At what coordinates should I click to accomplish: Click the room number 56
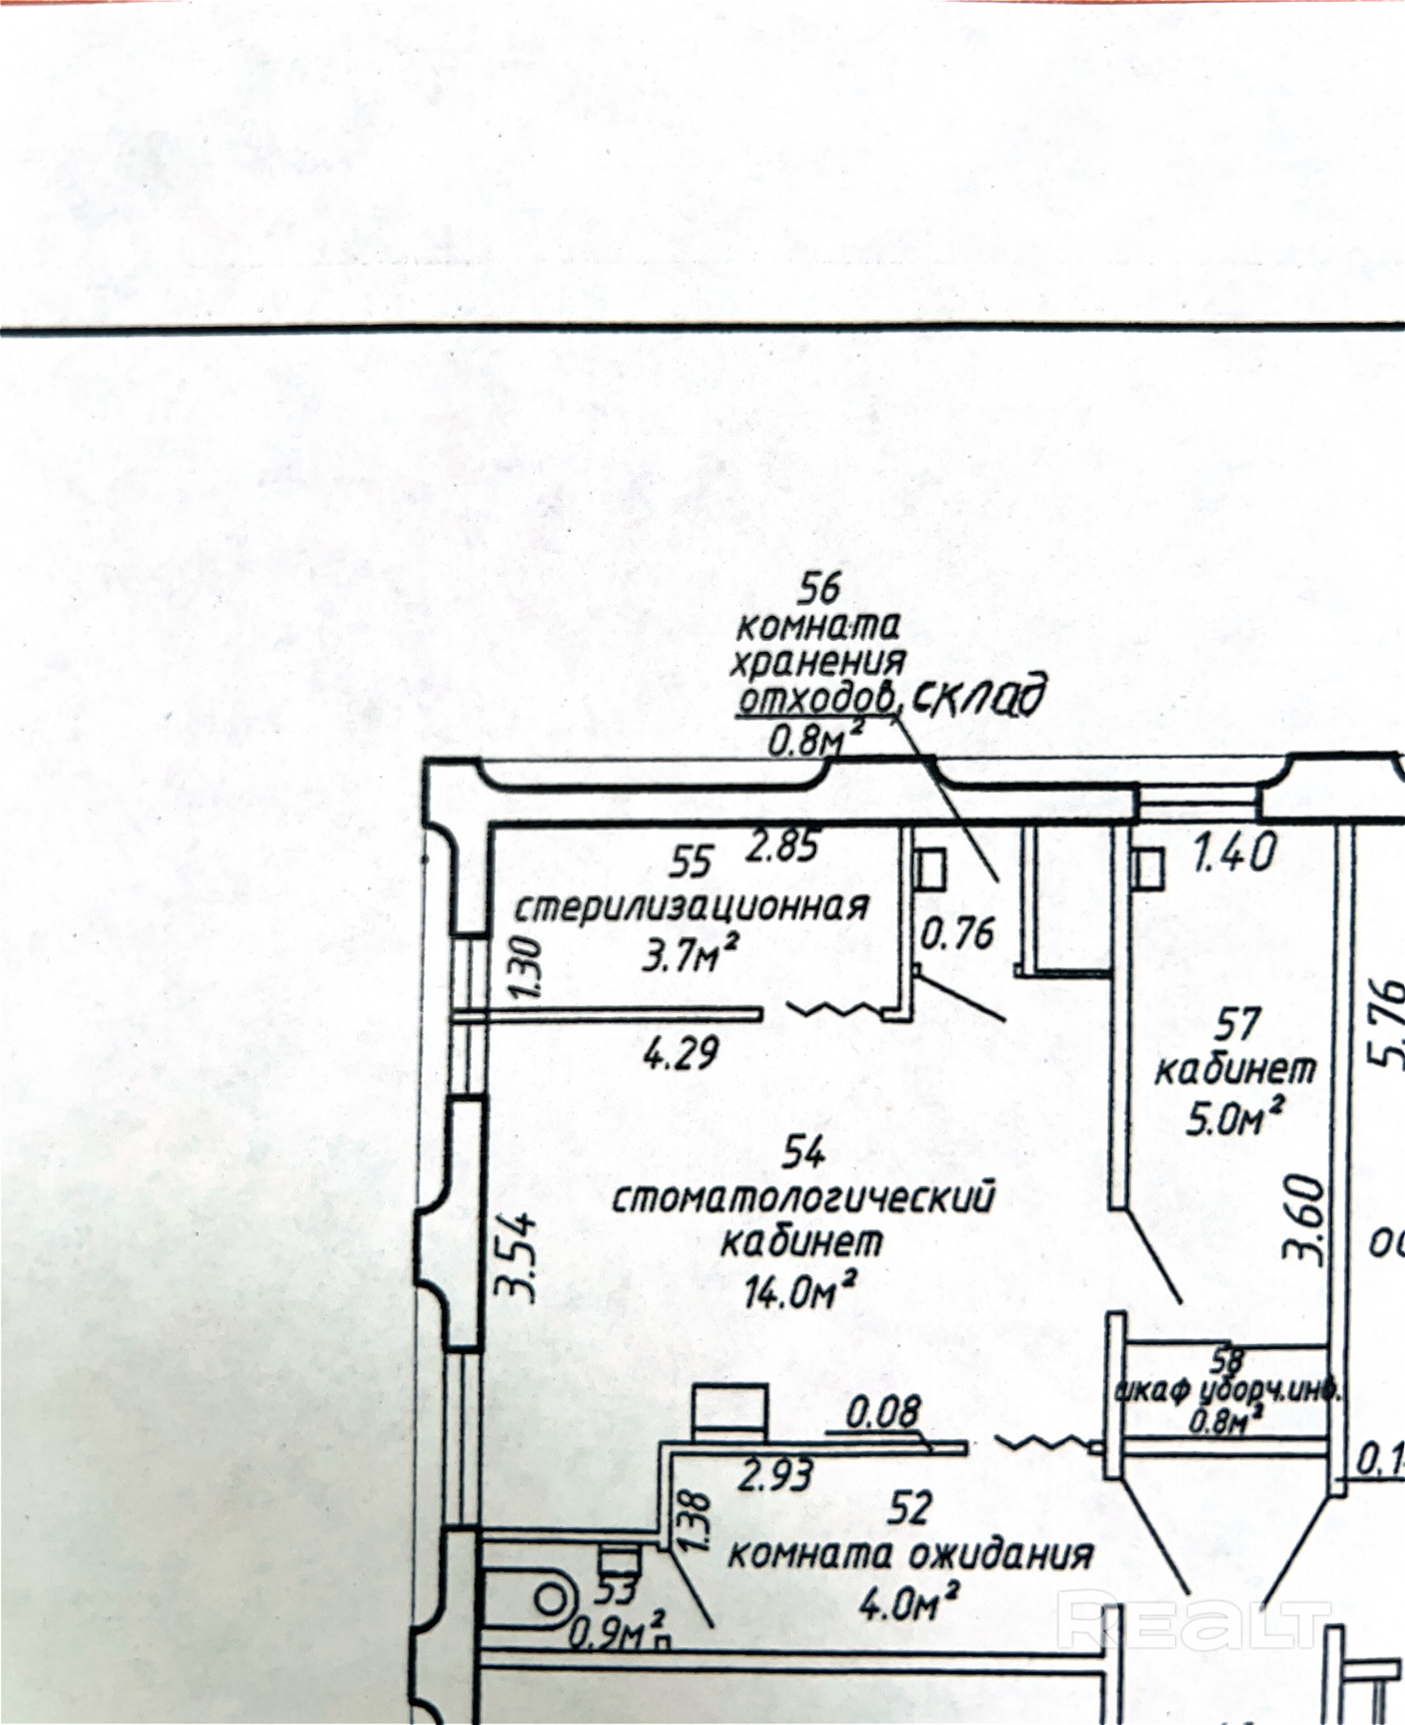[x=820, y=589]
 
